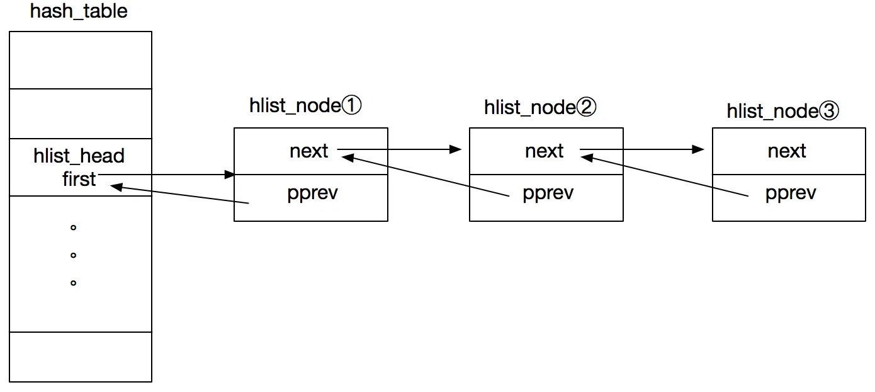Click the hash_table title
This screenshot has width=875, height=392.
tap(79, 12)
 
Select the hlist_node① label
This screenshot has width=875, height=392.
tap(305, 106)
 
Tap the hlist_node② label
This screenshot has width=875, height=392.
tap(540, 107)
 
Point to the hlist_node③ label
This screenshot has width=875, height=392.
tap(783, 111)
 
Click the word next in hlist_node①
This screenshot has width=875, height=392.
tap(309, 151)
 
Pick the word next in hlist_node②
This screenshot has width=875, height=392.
tap(545, 151)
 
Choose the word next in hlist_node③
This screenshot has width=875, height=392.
tap(787, 151)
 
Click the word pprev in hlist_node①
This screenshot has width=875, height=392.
tap(312, 193)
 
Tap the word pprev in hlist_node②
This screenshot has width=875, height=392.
tap(548, 193)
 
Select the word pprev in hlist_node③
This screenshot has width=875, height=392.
tap(791, 193)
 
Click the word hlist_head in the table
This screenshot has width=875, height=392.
tap(79, 156)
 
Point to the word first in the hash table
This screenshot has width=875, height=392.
tap(79, 179)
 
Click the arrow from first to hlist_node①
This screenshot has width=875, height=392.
tap(167, 174)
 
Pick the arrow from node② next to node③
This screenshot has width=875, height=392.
tap(642, 150)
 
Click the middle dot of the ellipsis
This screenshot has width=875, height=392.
tap(74, 255)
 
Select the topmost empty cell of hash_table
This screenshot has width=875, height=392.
tap(81, 60)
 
